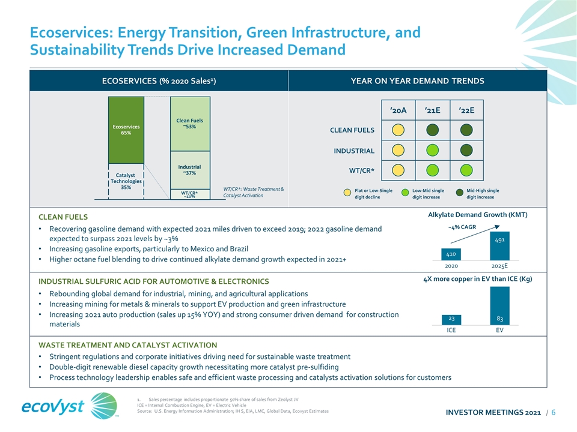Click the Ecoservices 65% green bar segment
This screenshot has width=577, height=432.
[126, 130]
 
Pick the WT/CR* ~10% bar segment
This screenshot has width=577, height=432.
[190, 194]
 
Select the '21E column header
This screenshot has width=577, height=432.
[432, 111]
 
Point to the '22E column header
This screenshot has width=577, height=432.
[466, 111]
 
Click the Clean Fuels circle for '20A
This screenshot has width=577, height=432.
[398, 130]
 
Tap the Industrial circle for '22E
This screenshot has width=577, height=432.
[466, 150]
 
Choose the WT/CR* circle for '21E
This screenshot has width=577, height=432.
[432, 170]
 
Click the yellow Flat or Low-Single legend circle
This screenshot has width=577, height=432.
[347, 193]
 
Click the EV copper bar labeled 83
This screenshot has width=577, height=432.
[499, 305]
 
